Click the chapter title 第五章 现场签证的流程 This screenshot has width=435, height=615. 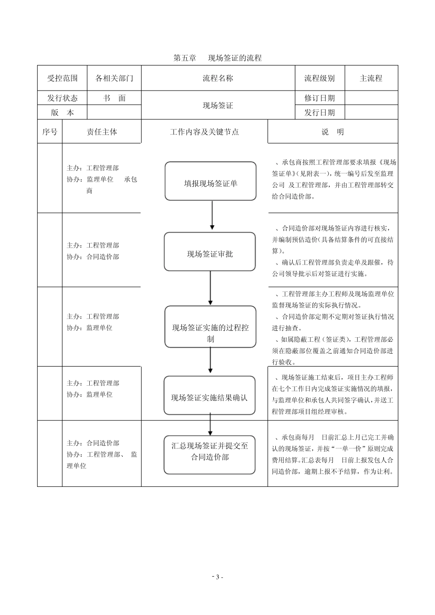pos(217,58)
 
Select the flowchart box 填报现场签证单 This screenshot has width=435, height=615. pos(211,181)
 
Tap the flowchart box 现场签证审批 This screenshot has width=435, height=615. pos(210,252)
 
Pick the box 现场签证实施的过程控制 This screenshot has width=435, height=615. pos(211,327)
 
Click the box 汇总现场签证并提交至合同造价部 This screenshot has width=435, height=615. pos(210,455)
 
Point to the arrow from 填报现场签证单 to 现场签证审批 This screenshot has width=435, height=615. pos(212,216)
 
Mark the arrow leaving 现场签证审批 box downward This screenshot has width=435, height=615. pos(210,288)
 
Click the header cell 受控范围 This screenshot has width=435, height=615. pos(62,78)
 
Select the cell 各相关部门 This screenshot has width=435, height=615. pos(114,78)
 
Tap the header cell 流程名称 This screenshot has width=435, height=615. pos(218,78)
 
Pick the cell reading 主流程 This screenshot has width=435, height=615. pos(371,78)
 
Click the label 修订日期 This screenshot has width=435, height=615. pos(320,98)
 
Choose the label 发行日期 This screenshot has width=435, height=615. pos(320,113)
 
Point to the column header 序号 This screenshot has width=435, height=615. pos(50,132)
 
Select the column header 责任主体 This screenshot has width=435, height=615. pos(102,132)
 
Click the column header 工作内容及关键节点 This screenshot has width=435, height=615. pos(205,132)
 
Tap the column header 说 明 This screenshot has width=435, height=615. pos(333,132)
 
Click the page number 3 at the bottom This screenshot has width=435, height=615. pos(217,577)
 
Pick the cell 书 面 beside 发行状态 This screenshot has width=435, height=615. pos(114,98)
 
